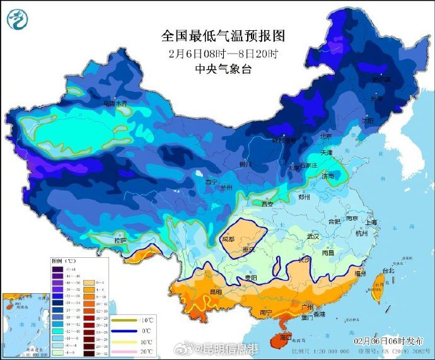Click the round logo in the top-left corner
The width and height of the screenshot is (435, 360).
pos(18,20)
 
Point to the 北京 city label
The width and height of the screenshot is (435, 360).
pos(325,136)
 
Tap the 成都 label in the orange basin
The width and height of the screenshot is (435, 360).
pos(229,239)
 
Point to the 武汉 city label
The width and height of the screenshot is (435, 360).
pos(313,236)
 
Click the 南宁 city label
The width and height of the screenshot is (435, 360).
pos(265,312)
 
